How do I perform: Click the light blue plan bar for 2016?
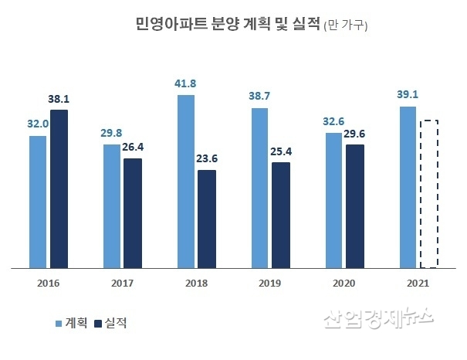pyautogui.click(x=37, y=202)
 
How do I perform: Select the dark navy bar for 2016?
pyautogui.click(x=59, y=189)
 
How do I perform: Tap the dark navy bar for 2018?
pyautogui.click(x=207, y=219)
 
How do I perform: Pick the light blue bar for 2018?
pyautogui.click(x=185, y=182)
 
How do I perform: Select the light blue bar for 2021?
pyautogui.click(x=408, y=188)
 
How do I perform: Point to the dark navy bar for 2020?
pyautogui.click(x=355, y=206)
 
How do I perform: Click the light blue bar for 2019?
pyautogui.click(x=259, y=188)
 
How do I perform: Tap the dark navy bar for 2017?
pyautogui.click(x=133, y=213)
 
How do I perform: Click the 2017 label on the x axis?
pyautogui.click(x=121, y=283)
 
